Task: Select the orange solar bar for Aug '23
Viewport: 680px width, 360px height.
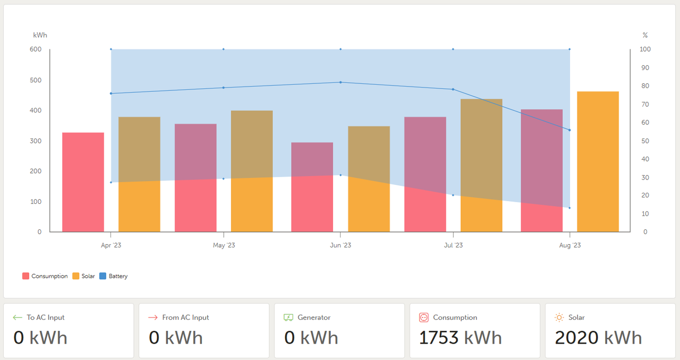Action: pyautogui.click(x=598, y=161)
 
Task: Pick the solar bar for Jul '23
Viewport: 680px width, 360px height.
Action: pyautogui.click(x=481, y=165)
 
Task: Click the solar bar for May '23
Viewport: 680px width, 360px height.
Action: pyautogui.click(x=252, y=171)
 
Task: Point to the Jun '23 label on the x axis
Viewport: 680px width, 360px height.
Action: pyautogui.click(x=341, y=245)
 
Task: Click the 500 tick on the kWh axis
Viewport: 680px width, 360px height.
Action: pyautogui.click(x=36, y=80)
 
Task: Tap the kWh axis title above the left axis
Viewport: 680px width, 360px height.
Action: pyautogui.click(x=40, y=35)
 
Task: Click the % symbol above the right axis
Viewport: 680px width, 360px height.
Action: pyautogui.click(x=645, y=35)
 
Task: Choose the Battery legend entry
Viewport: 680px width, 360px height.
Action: pyautogui.click(x=118, y=276)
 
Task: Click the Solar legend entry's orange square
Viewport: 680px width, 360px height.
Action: pyautogui.click(x=76, y=276)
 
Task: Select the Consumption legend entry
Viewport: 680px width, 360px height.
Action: pyautogui.click(x=49, y=276)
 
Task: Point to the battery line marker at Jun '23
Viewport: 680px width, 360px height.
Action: pyautogui.click(x=341, y=82)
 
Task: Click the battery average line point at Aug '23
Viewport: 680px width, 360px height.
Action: pyautogui.click(x=569, y=130)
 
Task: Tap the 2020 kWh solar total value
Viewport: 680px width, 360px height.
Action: pyautogui.click(x=598, y=338)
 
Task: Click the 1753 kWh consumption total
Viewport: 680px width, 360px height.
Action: pyautogui.click(x=460, y=338)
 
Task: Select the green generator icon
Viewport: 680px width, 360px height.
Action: pyautogui.click(x=288, y=318)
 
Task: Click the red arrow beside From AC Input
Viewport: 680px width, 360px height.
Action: pyautogui.click(x=153, y=318)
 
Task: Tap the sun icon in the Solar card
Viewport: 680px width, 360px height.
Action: pyautogui.click(x=559, y=318)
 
